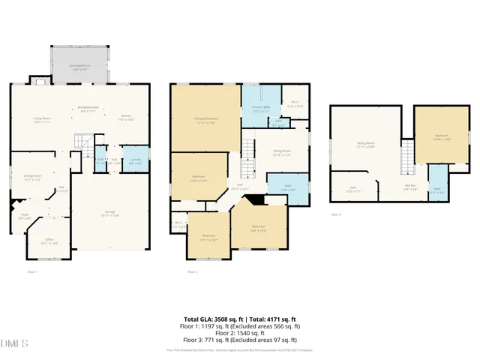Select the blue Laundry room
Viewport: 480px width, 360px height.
[136, 160]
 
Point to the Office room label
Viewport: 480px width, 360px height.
[49, 241]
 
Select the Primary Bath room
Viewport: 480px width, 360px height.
[260, 109]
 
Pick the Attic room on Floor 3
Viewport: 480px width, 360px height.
[353, 190]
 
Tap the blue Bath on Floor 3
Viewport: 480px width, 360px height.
[437, 190]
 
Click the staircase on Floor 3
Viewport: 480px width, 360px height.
[407, 157]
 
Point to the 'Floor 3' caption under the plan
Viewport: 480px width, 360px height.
[336, 215]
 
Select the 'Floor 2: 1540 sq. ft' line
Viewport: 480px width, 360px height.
[240, 333]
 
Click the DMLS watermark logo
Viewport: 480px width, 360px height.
[14, 343]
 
